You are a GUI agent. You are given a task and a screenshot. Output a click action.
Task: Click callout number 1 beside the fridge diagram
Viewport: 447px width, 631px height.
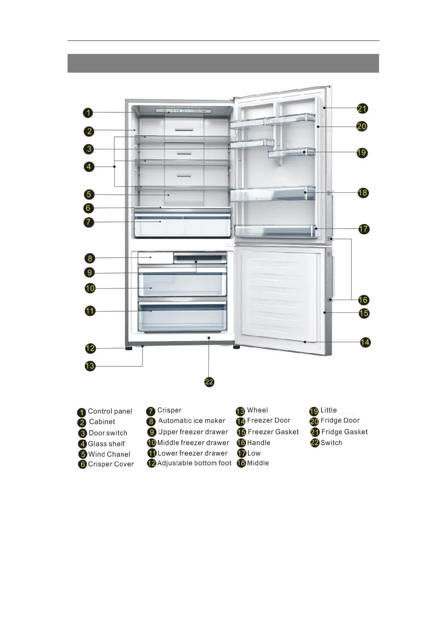pyautogui.click(x=88, y=112)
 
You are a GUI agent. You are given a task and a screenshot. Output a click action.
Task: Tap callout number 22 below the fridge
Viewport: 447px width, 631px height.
pyautogui.click(x=209, y=382)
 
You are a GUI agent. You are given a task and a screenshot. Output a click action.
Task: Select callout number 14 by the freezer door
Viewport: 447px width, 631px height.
pyautogui.click(x=365, y=342)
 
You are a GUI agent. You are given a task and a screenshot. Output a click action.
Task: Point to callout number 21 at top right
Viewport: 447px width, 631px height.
pyautogui.click(x=362, y=109)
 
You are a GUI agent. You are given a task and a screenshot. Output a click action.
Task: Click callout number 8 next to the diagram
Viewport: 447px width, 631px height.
pyautogui.click(x=90, y=258)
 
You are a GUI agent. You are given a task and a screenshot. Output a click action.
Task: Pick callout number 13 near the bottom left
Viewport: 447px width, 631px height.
pyautogui.click(x=90, y=366)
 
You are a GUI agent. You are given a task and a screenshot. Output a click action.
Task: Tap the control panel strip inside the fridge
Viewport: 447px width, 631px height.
pyautogui.click(x=183, y=111)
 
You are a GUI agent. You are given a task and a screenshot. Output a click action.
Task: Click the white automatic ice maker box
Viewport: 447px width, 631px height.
pyautogui.click(x=155, y=258)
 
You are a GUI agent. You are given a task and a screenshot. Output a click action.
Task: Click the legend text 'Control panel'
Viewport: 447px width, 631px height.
pyautogui.click(x=110, y=411)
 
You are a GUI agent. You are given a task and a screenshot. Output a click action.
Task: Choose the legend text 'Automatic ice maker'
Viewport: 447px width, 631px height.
pyautogui.click(x=191, y=421)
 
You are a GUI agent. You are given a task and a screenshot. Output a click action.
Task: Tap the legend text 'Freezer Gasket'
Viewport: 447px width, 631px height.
pyautogui.click(x=273, y=432)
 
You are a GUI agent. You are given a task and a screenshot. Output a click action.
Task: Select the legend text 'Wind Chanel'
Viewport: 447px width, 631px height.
pyautogui.click(x=109, y=454)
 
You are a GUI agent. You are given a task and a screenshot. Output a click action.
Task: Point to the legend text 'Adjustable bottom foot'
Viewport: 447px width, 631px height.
pyautogui.click(x=194, y=463)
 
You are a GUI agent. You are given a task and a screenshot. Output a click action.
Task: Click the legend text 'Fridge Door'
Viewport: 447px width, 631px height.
pyautogui.click(x=340, y=420)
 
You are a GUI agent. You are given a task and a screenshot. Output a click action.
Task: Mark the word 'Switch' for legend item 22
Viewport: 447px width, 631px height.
pyautogui.click(x=331, y=443)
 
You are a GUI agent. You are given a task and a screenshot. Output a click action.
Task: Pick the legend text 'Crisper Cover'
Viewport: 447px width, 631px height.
pyautogui.click(x=111, y=464)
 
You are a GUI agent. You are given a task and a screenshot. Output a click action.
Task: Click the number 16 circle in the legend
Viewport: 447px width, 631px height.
pyautogui.click(x=241, y=443)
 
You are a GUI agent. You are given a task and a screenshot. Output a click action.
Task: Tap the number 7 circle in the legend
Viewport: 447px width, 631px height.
pyautogui.click(x=151, y=411)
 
